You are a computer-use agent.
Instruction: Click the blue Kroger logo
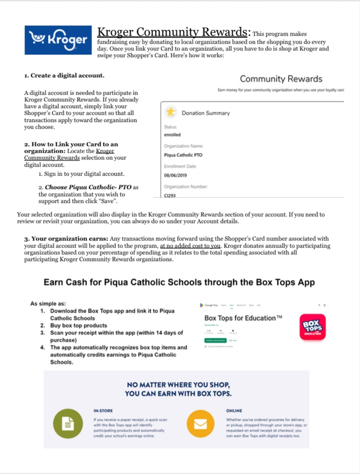click(58, 40)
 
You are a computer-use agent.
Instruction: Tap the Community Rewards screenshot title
click(281, 79)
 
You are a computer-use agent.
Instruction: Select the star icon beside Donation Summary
click(170, 112)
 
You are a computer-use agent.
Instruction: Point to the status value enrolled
click(172, 135)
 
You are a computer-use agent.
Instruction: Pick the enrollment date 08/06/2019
click(175, 175)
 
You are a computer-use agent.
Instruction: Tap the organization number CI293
click(170, 195)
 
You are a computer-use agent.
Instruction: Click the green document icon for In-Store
click(67, 423)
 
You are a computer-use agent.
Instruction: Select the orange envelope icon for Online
click(200, 423)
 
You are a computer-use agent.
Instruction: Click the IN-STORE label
click(104, 411)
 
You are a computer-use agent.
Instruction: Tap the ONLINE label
click(235, 411)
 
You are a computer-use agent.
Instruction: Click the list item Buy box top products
click(79, 326)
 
